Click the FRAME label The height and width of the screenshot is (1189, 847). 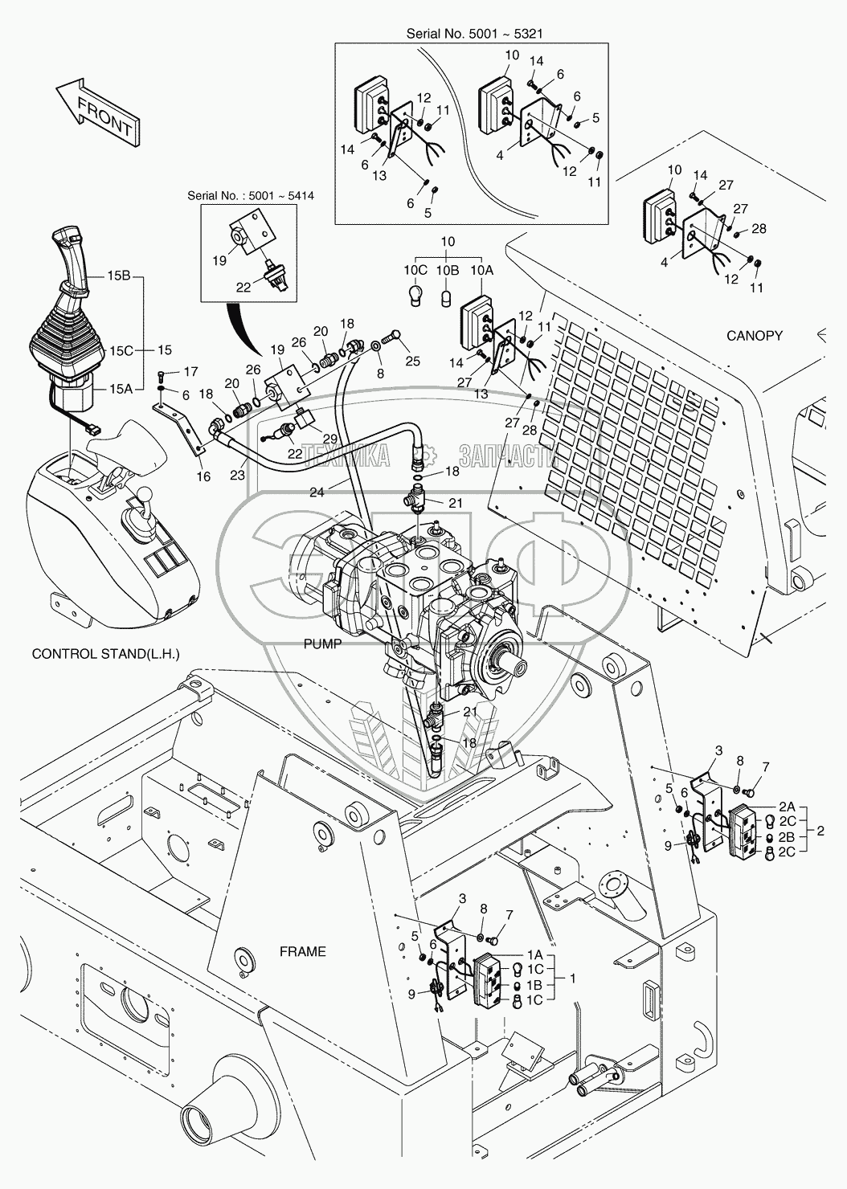(302, 951)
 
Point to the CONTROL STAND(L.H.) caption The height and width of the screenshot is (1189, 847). (105, 654)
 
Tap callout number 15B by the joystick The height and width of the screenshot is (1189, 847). (120, 275)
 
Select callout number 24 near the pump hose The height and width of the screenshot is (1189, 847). (317, 492)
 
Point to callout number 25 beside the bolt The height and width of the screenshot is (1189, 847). (412, 362)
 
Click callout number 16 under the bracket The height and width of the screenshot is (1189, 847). (203, 476)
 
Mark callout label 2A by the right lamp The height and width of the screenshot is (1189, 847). (787, 804)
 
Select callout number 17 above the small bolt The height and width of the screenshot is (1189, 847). (190, 371)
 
